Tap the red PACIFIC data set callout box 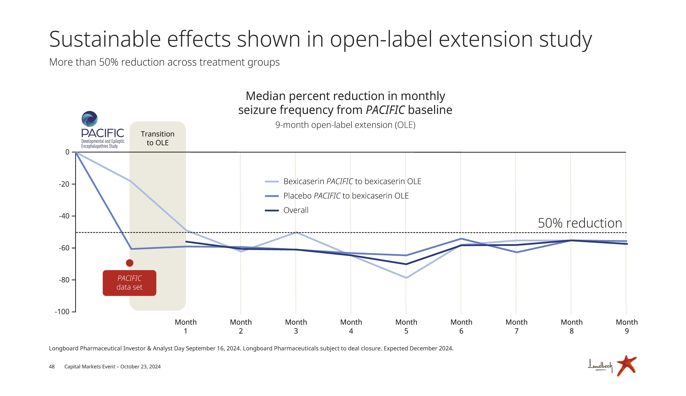pyautogui.click(x=129, y=283)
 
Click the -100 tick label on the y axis pyautogui.click(x=62, y=312)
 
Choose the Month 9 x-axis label pyautogui.click(x=626, y=326)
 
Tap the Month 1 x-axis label pyautogui.click(x=186, y=326)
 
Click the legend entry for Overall pyautogui.click(x=296, y=210)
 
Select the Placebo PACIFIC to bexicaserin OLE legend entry pyautogui.click(x=346, y=196)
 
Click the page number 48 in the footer pyautogui.click(x=52, y=367)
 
